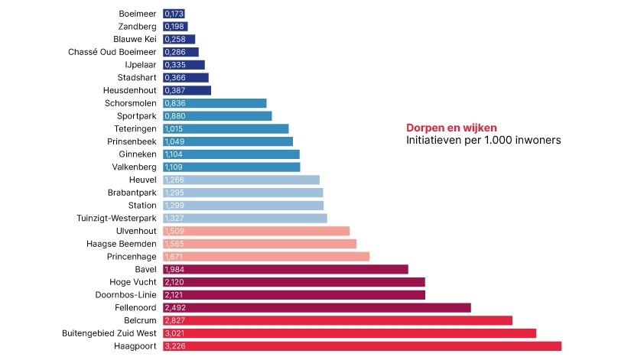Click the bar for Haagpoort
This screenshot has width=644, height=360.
362,346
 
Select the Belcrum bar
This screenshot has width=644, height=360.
337,320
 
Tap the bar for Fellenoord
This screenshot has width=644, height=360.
317,307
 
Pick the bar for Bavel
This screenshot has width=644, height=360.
285,269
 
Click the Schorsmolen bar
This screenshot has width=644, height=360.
215,103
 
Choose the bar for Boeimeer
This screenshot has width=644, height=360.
174,14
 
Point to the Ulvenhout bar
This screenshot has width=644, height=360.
256,231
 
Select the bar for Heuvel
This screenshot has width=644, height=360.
241,180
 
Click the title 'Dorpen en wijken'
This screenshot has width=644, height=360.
451,128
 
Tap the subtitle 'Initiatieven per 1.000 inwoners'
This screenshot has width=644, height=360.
483,141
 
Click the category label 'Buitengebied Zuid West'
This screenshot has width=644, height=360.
109,333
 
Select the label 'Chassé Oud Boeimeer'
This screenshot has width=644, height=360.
112,52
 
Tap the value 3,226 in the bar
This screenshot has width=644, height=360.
174,346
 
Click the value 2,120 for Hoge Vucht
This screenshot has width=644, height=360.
174,282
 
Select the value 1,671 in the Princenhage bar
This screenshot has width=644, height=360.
174,257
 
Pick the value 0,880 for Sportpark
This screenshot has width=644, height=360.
174,116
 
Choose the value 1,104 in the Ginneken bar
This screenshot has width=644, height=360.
174,154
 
